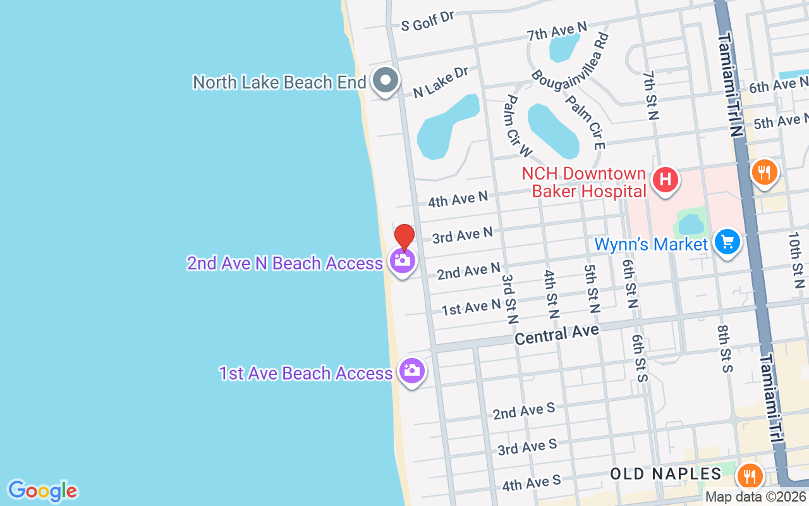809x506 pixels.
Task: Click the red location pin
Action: click(404, 238)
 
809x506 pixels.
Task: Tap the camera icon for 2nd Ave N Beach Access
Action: click(403, 261)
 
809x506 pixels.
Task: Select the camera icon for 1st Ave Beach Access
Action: click(411, 371)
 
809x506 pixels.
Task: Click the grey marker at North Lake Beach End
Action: click(384, 81)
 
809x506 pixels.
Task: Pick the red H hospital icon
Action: click(665, 180)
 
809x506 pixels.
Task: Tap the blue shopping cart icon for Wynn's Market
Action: click(727, 242)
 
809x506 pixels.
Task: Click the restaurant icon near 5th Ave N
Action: click(764, 171)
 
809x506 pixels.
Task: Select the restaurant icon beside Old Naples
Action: click(750, 476)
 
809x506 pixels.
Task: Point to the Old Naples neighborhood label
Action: click(666, 474)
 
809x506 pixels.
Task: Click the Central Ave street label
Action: click(556, 334)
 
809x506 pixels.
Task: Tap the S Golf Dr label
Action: click(429, 22)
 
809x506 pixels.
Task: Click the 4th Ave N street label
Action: click(458, 199)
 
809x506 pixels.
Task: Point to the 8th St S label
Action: click(724, 349)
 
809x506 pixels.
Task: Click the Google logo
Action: click(42, 491)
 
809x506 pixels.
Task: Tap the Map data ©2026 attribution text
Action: click(756, 497)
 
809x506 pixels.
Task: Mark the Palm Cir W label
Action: click(519, 126)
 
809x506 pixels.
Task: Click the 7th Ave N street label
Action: click(557, 30)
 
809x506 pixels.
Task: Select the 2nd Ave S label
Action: click(524, 411)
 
